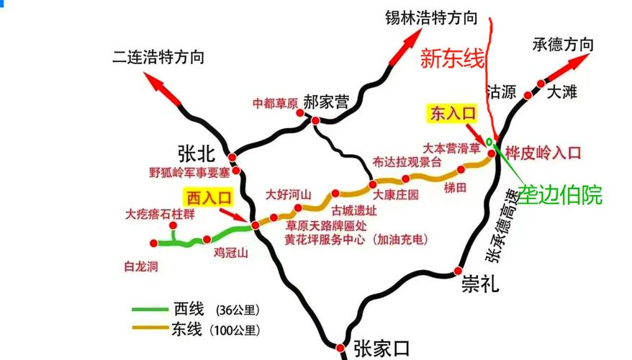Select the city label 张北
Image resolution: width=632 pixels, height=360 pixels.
pos(197,152)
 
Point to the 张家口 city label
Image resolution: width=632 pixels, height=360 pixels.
pos(382,349)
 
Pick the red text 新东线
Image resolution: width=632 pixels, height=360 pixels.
pos(453,59)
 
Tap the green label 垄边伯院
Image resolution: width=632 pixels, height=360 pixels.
pos(560,194)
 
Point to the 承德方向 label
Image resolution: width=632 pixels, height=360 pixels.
pos(563,44)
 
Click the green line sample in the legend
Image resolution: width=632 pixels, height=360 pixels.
pos(150,310)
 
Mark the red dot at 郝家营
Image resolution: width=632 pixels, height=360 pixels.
pos(315,120)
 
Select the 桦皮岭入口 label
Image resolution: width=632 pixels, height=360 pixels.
pos(542,153)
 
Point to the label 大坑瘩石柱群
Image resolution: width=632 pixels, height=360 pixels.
pos(160,213)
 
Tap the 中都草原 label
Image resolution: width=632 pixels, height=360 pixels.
pos(275,103)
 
